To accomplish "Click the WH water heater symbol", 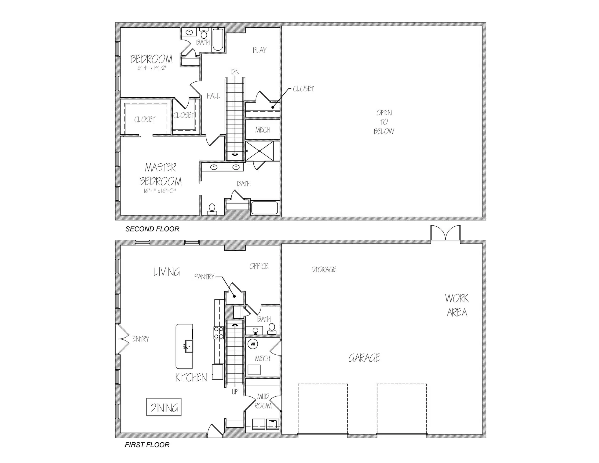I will point(253,344).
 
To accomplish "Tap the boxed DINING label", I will point(164,407).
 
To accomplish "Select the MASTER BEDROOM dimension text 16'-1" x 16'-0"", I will point(160,191).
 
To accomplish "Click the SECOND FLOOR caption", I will point(152,229).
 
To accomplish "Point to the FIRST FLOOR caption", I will point(147,445).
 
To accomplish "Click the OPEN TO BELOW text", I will point(384,122).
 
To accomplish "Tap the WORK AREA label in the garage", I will point(457,305).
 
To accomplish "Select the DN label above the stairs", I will point(235,72).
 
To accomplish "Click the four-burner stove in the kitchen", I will point(219,332).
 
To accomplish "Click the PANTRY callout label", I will point(204,277).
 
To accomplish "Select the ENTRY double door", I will point(123,339).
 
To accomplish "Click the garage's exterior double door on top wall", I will point(445,234).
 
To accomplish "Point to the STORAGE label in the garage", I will point(324,269).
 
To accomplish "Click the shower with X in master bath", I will point(259,151).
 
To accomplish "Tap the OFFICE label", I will point(259,266).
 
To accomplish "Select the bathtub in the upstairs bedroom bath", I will point(218,40).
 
